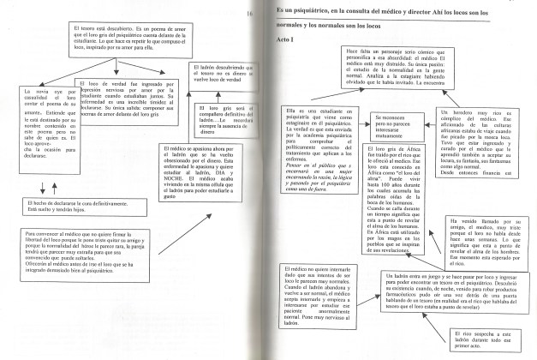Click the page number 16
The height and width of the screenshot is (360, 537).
tap(249, 15)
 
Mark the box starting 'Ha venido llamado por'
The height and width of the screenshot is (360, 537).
tap(485, 241)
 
